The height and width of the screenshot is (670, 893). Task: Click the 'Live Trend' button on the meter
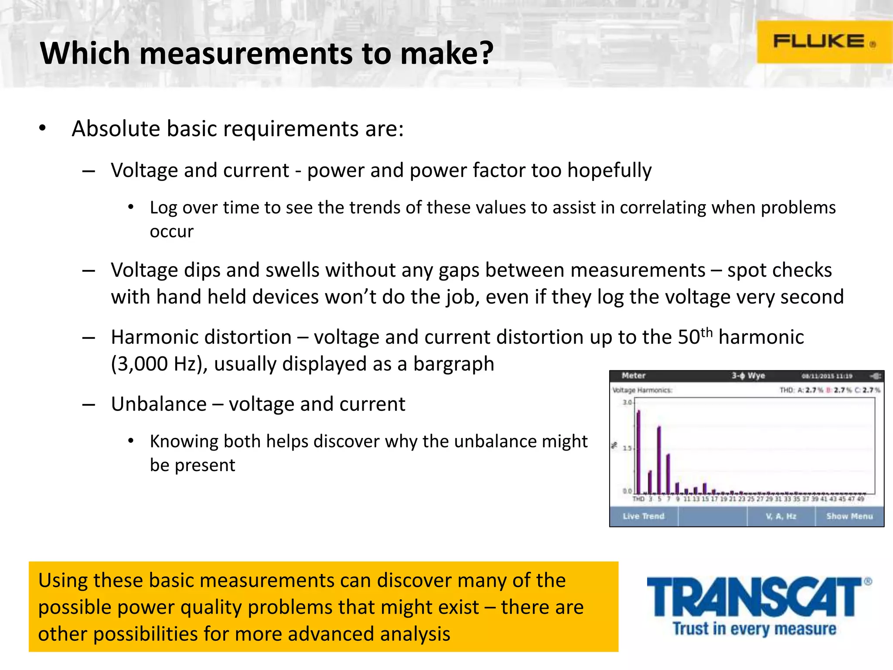point(644,516)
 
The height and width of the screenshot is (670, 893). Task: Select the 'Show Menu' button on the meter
point(849,516)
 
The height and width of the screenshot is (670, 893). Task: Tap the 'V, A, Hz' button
point(781,516)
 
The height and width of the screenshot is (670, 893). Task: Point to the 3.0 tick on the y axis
point(627,402)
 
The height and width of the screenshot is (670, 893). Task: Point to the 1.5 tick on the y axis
point(627,448)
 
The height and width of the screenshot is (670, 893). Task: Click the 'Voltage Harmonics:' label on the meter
point(642,390)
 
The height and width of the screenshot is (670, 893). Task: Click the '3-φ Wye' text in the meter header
point(748,376)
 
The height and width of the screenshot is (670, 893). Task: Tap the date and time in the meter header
point(827,376)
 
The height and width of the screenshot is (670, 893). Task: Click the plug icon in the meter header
point(876,376)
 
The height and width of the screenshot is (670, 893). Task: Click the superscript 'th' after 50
point(706,332)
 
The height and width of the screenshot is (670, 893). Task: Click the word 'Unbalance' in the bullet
point(159,404)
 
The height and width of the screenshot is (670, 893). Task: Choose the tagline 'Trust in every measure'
point(754,629)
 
